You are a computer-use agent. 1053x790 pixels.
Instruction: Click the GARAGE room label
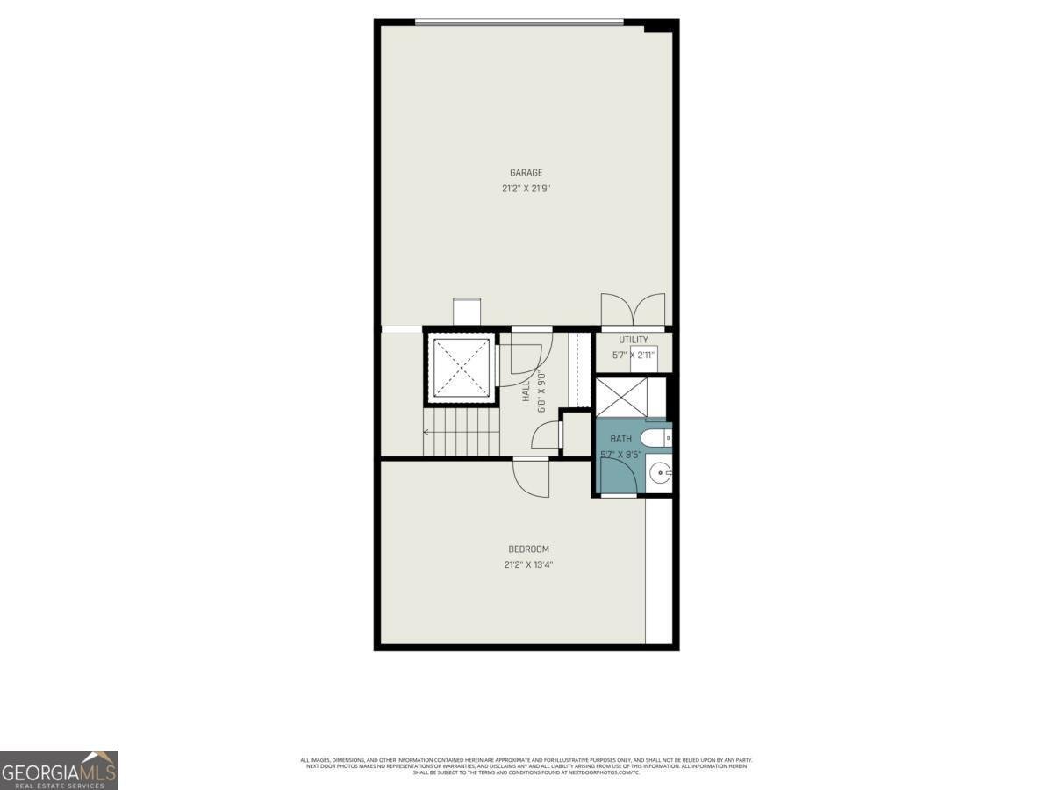[x=526, y=173]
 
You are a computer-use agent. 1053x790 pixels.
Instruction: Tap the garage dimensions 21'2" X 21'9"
[x=526, y=188]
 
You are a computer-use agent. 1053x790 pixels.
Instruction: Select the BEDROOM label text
[x=528, y=549]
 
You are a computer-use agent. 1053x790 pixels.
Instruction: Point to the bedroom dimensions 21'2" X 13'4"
[x=528, y=565]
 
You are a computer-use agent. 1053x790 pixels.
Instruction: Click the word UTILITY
[x=634, y=340]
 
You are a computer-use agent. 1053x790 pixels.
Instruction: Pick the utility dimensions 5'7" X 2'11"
[x=634, y=355]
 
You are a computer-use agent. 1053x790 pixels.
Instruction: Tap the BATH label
[x=620, y=439]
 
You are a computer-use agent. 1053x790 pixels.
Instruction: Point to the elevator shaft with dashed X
[x=458, y=368]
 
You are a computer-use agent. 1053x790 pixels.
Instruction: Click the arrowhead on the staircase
[x=426, y=432]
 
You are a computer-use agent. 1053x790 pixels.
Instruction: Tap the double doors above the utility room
[x=633, y=310]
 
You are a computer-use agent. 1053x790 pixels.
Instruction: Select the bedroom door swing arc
[x=530, y=478]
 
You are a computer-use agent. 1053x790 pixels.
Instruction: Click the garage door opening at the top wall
[x=519, y=23]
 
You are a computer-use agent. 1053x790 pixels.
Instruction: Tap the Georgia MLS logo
[x=59, y=770]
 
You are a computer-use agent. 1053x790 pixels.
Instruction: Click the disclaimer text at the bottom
[x=526, y=765]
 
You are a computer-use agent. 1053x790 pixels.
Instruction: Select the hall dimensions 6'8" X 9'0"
[x=542, y=392]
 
